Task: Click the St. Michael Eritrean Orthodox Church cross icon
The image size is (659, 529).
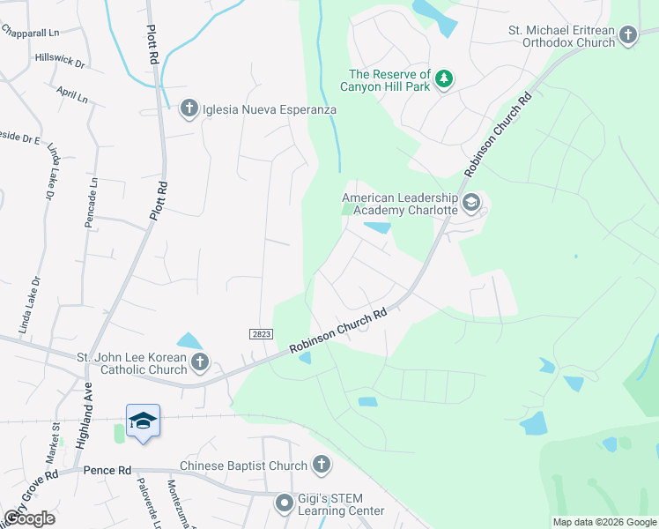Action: point(627,35)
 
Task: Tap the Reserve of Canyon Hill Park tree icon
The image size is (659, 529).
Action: point(446,79)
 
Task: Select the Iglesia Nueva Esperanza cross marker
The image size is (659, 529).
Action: point(188,109)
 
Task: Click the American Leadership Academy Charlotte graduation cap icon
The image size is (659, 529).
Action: point(471,204)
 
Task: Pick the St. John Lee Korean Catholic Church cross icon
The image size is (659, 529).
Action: point(200,362)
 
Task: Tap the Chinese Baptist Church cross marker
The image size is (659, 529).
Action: point(322,466)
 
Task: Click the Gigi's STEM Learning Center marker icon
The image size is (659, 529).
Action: point(284,503)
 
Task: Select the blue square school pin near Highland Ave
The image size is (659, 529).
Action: point(143,421)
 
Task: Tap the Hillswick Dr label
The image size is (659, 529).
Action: point(60,61)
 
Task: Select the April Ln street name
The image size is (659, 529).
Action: point(71,94)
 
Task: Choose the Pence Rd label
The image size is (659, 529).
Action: point(107,471)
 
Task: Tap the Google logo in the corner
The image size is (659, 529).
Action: point(29,518)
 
